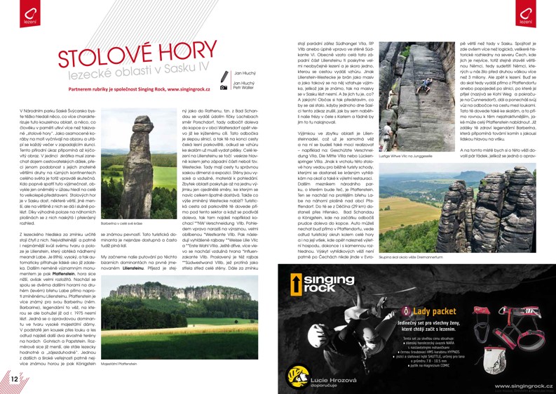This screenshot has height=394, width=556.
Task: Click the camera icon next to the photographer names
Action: [224, 87]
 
